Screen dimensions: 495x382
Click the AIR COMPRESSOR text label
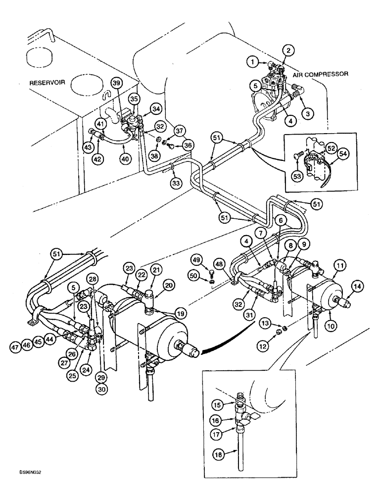(x=321, y=73)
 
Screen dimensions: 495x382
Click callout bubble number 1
(x=253, y=62)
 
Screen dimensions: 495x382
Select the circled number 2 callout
(x=287, y=49)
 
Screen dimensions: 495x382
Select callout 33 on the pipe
(x=162, y=183)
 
